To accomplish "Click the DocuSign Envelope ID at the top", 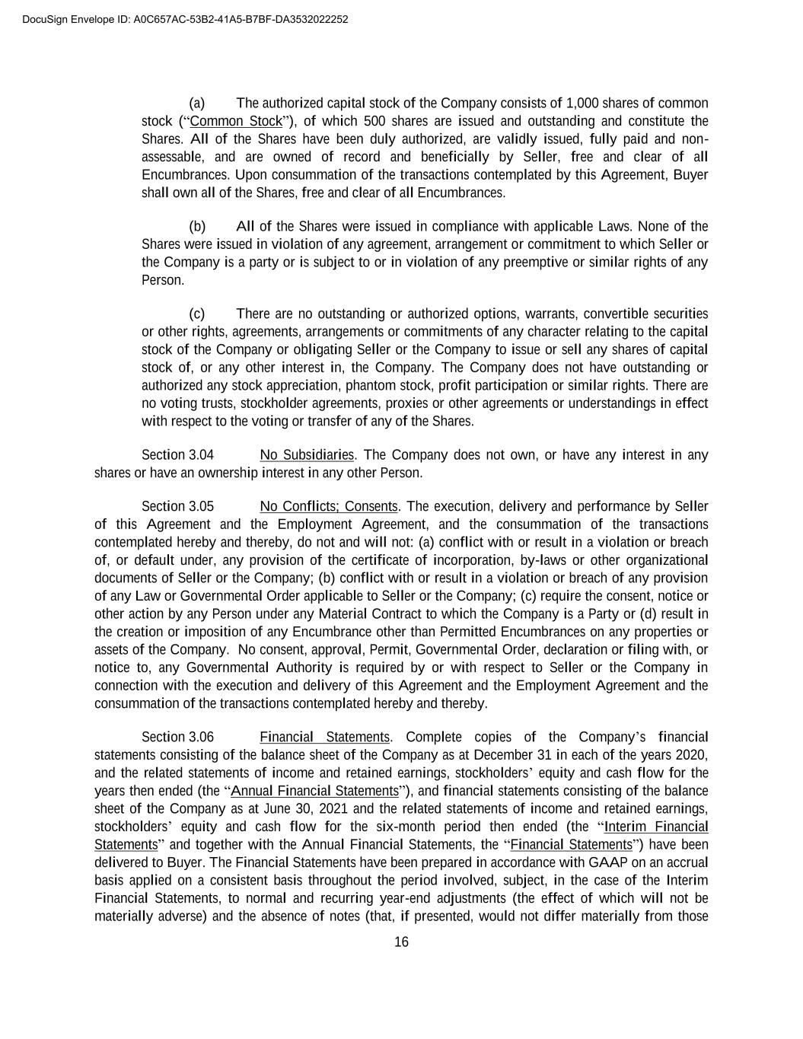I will click(175, 19).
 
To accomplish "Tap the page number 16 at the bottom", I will click(401, 942).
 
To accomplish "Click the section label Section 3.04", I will click(177, 455).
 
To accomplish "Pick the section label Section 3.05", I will click(177, 507).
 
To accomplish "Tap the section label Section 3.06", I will click(177, 737).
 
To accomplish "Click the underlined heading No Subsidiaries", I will click(307, 455).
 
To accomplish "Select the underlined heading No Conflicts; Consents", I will click(329, 507).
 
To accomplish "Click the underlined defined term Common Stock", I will click(236, 121).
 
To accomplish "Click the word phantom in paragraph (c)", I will click(355, 386).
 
